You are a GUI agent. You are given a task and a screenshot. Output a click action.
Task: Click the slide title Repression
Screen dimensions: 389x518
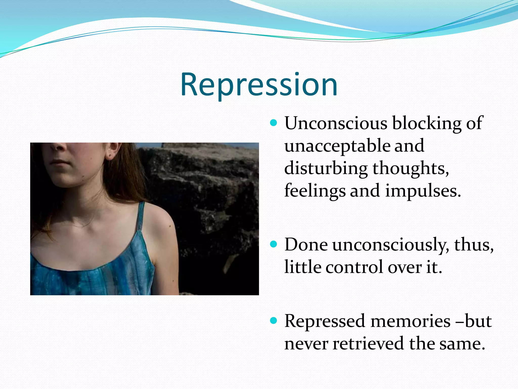point(259,85)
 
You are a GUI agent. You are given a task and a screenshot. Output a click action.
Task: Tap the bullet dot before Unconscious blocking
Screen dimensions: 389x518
point(273,123)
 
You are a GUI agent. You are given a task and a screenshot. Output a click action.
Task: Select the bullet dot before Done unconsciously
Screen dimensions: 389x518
point(273,244)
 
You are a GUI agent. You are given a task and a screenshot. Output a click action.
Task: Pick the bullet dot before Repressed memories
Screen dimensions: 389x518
point(273,321)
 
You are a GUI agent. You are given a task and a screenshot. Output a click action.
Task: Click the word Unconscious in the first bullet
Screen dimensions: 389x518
point(336,123)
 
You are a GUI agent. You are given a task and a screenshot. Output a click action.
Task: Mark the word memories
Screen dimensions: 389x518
point(410,321)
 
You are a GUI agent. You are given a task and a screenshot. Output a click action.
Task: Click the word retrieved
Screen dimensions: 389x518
point(368,344)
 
